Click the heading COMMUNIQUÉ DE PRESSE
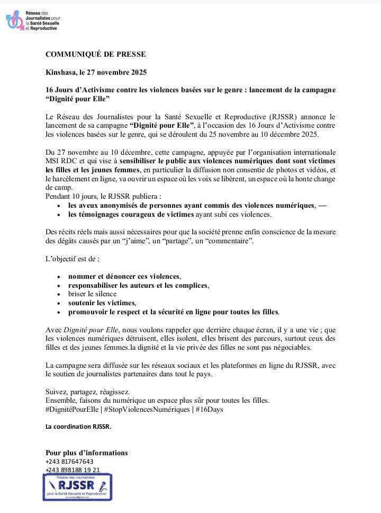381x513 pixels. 95,54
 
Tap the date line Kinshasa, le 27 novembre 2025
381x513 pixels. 96,72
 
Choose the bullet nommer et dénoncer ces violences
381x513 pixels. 124,276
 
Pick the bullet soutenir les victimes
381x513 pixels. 102,303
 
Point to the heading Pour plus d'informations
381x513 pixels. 87,453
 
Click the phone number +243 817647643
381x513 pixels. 70,462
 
